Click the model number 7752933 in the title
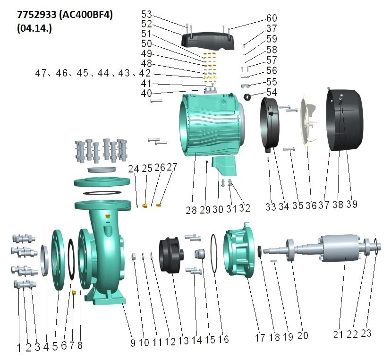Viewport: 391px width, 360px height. pos(37,15)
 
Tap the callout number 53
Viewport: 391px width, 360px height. pos(146,14)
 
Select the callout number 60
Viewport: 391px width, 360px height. pos(272,18)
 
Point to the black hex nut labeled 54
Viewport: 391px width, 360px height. pos(248,96)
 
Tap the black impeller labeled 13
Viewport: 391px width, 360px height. pos(171,256)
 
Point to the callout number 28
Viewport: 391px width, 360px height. pos(191,210)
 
